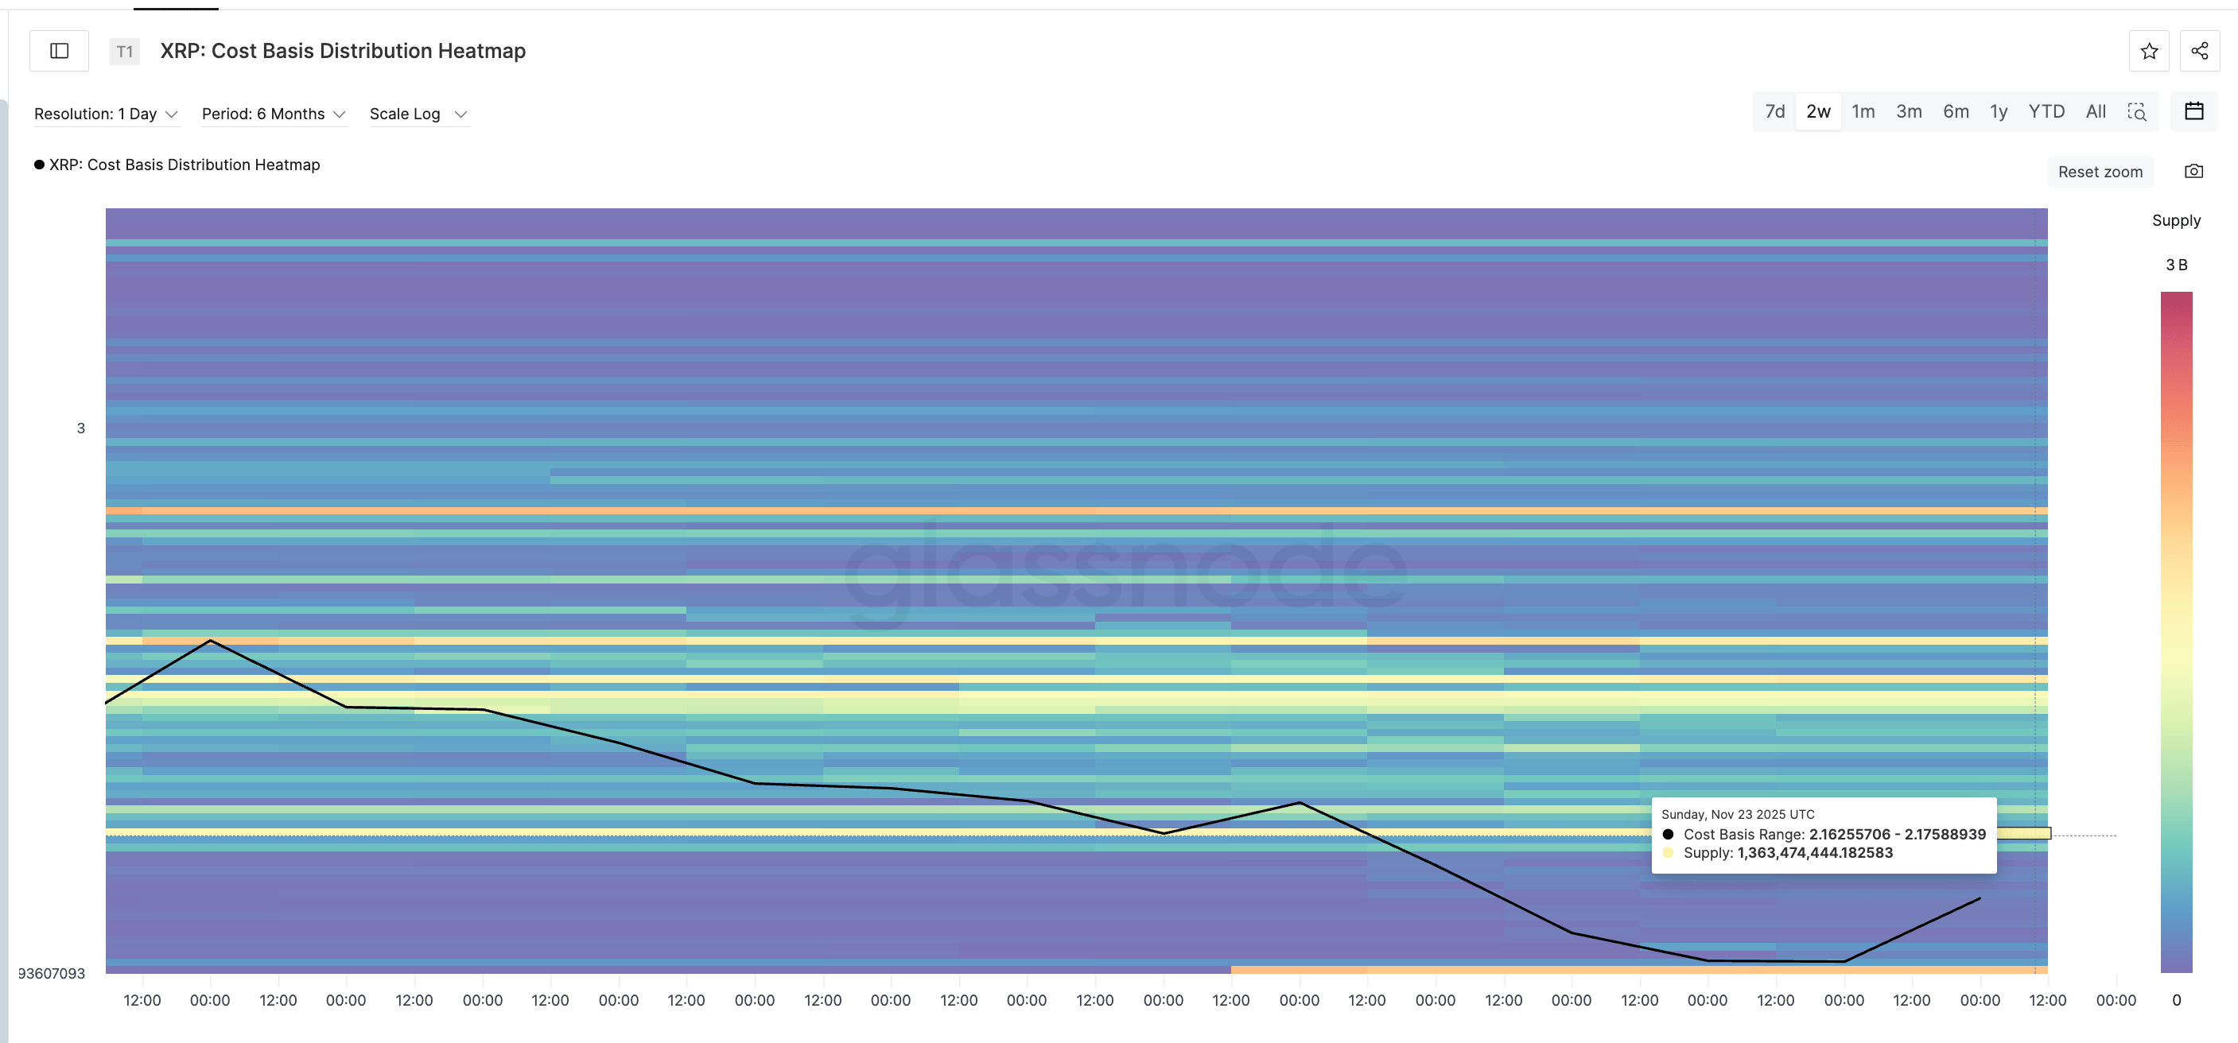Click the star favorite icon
(x=2148, y=51)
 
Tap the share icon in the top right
(x=2199, y=51)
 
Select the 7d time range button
(x=1774, y=112)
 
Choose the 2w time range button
(x=1817, y=112)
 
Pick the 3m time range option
(x=1908, y=112)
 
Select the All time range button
(x=2095, y=112)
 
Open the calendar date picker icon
(x=2193, y=111)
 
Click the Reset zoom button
(x=2099, y=172)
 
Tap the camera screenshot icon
(x=2193, y=171)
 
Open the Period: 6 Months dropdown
(x=274, y=114)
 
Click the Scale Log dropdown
(x=418, y=114)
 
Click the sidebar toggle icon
(x=59, y=51)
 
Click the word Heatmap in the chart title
(x=481, y=51)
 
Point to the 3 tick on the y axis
(x=81, y=428)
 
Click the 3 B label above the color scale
(x=2175, y=265)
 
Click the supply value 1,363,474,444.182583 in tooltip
(x=1814, y=853)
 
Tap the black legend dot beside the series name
(x=39, y=165)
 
